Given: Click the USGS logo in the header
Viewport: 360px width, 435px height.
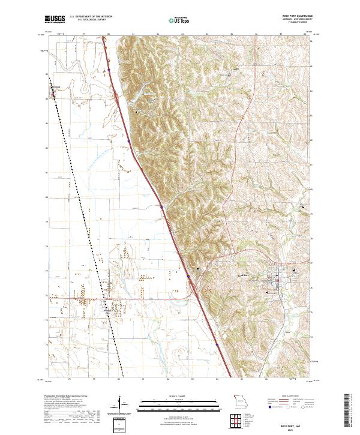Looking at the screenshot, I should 55,19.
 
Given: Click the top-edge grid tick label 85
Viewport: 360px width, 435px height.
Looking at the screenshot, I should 231,35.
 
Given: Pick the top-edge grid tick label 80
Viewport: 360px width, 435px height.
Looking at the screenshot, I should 109,35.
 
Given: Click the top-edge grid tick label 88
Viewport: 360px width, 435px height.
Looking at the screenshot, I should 304,35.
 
